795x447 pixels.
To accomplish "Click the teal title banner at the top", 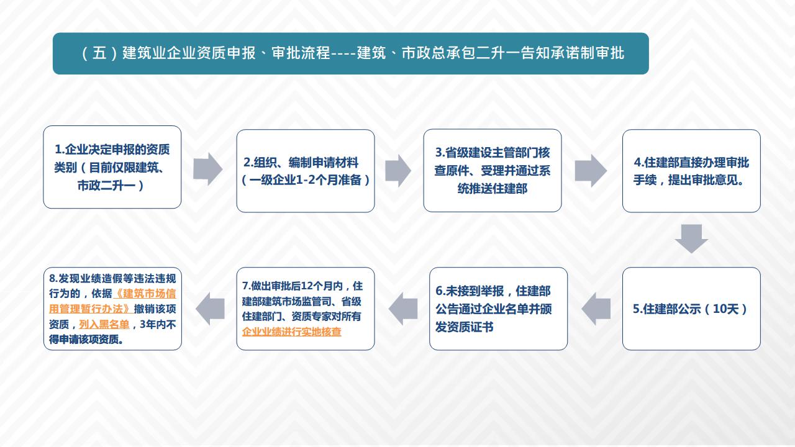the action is tap(351, 53).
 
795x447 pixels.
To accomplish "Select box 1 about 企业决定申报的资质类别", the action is tap(112, 167).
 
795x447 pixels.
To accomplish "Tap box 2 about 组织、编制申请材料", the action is tap(306, 171).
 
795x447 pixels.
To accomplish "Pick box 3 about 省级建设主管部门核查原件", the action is tap(493, 171).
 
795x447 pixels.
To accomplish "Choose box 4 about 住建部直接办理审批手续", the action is tap(691, 171).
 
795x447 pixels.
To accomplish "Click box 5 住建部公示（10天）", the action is tap(691, 309).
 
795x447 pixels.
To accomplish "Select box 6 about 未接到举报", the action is tap(498, 309).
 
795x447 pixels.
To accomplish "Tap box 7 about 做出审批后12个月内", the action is tap(306, 309).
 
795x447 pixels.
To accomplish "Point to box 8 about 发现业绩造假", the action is tap(112, 309).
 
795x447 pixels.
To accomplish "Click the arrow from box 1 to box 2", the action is tap(208, 169).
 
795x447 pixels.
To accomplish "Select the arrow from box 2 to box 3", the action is tap(398, 171).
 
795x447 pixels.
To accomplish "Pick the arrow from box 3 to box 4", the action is tap(591, 171).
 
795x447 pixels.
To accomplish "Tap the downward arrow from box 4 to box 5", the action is tap(691, 239).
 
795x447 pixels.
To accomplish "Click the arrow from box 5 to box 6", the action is tap(596, 309).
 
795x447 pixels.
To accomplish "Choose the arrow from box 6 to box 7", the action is tap(403, 309).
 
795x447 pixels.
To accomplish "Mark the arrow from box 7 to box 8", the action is tap(210, 309).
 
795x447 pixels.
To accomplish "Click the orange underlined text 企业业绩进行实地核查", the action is tap(291, 332).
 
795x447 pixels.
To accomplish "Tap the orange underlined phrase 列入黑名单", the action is tap(104, 324).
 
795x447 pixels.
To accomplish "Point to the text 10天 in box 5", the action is tap(725, 309).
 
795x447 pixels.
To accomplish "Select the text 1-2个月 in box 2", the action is tap(317, 180).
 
